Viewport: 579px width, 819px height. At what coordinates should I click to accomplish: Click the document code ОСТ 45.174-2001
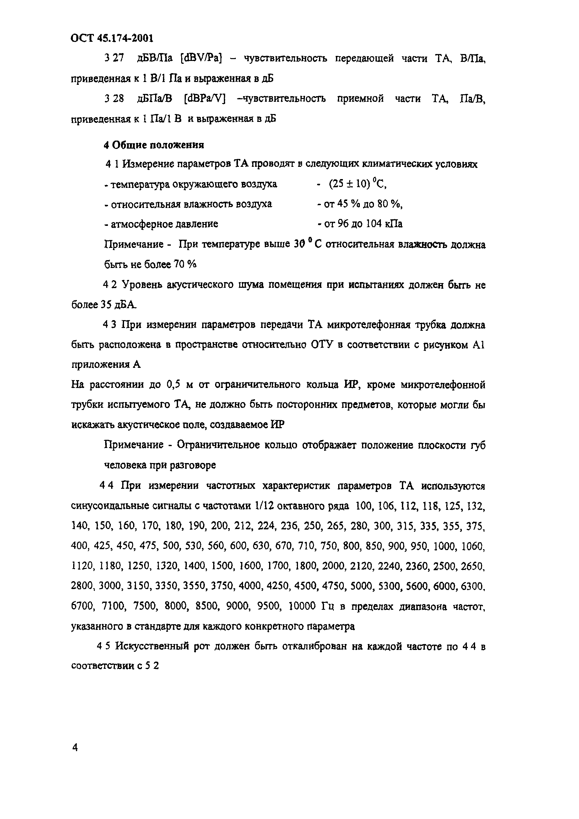(112, 38)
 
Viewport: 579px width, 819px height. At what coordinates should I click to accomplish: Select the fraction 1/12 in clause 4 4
(264, 506)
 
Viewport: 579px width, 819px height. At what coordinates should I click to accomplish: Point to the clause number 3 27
(114, 58)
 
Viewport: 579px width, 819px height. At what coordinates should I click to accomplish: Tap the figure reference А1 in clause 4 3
(478, 345)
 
